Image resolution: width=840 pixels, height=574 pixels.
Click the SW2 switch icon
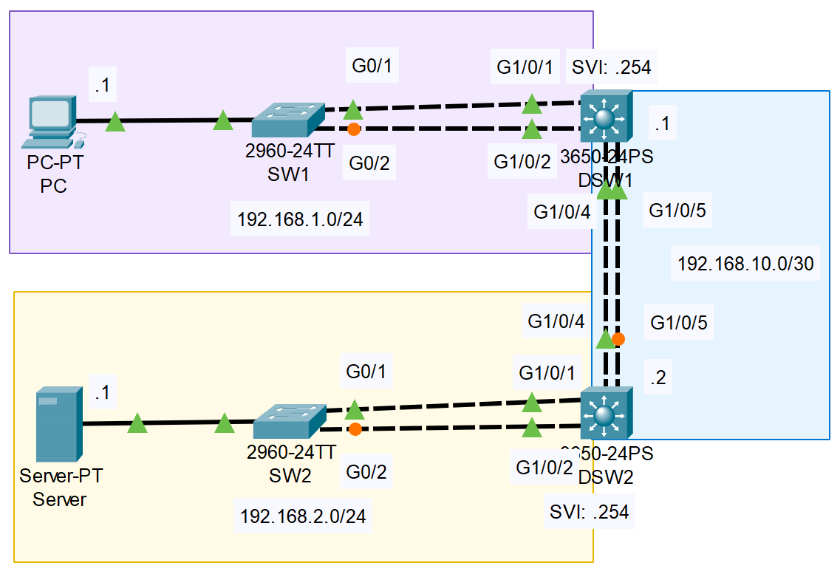289,422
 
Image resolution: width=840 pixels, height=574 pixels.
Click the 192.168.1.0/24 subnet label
300,219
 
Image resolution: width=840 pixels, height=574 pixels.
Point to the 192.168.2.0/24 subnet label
303,516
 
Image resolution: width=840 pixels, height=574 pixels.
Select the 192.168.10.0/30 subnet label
745,264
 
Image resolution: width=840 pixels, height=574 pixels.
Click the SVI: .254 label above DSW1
611,68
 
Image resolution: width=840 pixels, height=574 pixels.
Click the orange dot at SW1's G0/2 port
354,129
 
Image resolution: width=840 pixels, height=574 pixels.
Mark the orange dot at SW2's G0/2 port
355,429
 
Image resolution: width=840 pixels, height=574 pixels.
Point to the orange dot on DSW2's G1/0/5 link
618,339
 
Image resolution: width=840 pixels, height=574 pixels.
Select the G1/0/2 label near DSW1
522,163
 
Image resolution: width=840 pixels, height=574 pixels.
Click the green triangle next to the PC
115,122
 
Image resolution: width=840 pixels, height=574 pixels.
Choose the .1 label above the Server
101,394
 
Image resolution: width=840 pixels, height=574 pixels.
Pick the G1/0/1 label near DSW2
546,372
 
